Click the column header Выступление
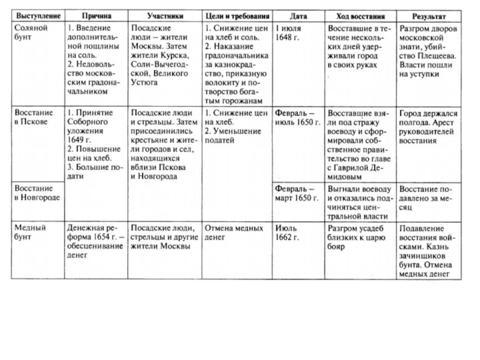click(x=37, y=14)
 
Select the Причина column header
click(x=96, y=14)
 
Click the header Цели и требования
click(x=236, y=14)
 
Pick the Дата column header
click(x=298, y=14)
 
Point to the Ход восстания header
click(x=361, y=14)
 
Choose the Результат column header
click(x=428, y=14)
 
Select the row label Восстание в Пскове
click(x=32, y=118)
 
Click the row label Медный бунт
click(x=29, y=233)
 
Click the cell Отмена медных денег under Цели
click(x=233, y=233)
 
